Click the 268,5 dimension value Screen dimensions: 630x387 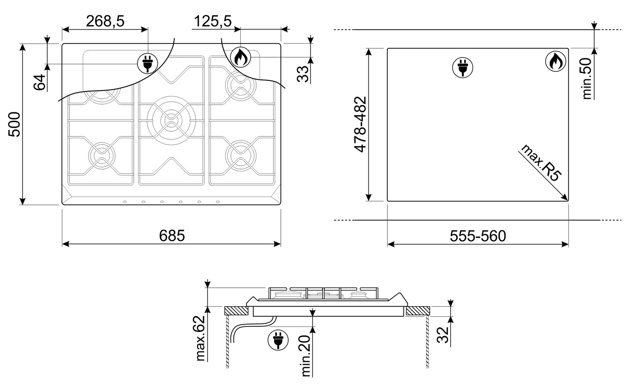tap(105, 21)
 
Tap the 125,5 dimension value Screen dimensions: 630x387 tap(213, 21)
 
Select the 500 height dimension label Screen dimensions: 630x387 tap(14, 124)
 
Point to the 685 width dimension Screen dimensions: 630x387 tap(172, 236)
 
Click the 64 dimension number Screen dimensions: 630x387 tap(40, 82)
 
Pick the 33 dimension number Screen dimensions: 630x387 tap(303, 74)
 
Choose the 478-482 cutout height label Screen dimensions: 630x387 tap(360, 124)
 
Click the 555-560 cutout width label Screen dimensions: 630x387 tap(478, 236)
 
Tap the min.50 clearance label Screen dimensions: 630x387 tap(587, 78)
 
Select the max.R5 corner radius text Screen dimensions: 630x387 tap(540, 163)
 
